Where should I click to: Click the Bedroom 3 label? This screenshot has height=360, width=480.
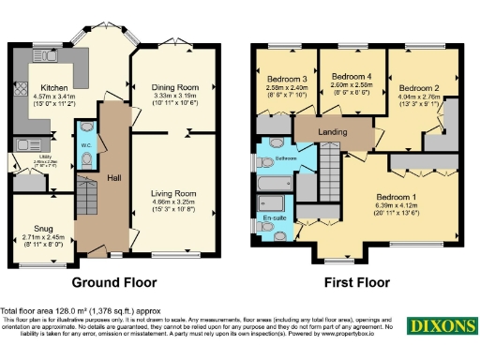click(286, 79)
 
